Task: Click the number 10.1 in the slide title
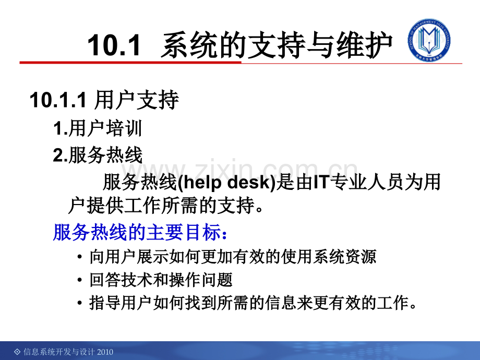(114, 46)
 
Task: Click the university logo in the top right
(429, 41)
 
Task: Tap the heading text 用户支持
(136, 101)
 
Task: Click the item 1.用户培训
(98, 128)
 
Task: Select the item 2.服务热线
(98, 155)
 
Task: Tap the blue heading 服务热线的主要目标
(139, 233)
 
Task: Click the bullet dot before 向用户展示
(79, 258)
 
